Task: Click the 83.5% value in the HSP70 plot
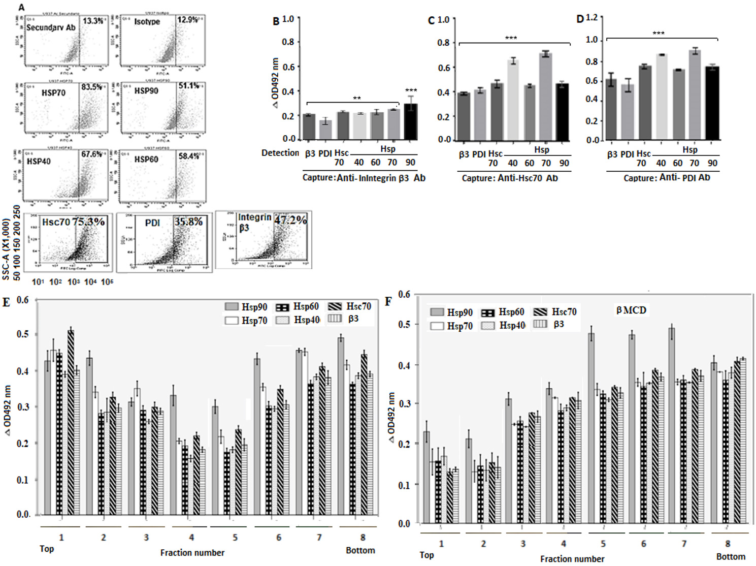[92, 87]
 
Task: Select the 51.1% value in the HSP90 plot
[189, 86]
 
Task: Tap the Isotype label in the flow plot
[147, 22]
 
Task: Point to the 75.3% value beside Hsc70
[88, 222]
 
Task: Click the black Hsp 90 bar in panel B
[410, 122]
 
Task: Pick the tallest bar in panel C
[546, 97]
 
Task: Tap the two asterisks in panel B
[357, 99]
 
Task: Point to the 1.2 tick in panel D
[591, 18]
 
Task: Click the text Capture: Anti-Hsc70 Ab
[510, 178]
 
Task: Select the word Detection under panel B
[280, 153]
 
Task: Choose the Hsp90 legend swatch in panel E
[232, 307]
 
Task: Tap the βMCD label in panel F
[631, 310]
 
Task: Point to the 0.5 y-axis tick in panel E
[23, 334]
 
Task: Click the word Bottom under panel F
[730, 557]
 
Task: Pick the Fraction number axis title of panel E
[192, 553]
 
